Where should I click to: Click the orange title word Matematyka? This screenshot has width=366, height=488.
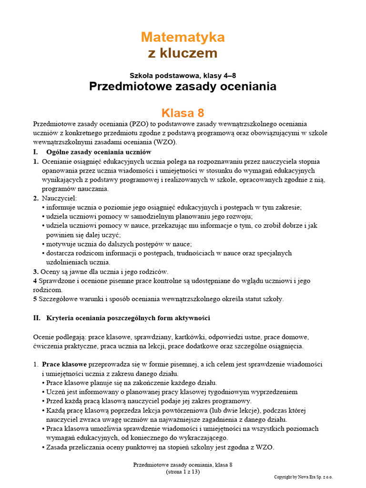[183, 37]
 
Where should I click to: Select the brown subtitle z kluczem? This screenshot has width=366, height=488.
[183, 53]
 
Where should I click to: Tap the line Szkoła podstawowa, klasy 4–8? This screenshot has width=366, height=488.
[183, 75]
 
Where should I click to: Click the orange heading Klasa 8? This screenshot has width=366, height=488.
[183, 113]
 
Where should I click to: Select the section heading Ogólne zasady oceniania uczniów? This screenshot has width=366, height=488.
[99, 152]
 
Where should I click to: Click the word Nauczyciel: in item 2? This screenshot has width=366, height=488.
[59, 198]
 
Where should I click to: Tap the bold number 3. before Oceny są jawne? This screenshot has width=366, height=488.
[36, 272]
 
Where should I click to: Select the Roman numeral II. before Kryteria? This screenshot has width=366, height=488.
[37, 318]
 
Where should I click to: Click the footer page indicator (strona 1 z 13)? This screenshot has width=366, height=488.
[183, 472]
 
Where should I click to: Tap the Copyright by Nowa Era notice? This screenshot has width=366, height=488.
[303, 477]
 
